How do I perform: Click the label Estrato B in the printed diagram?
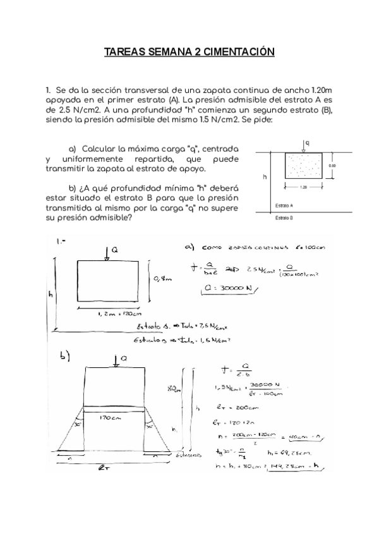(x=284, y=217)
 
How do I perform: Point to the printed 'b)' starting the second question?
(x=73, y=188)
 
